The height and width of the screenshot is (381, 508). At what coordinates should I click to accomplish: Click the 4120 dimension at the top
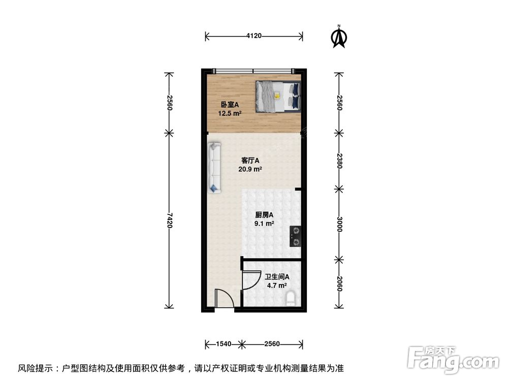tap(253, 36)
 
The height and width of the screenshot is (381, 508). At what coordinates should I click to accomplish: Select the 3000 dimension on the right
tap(339, 224)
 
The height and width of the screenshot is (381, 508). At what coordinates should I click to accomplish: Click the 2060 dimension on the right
tap(339, 283)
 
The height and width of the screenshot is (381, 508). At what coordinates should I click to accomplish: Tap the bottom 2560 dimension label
tap(272, 344)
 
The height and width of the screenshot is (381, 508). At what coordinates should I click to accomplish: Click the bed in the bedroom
tap(277, 96)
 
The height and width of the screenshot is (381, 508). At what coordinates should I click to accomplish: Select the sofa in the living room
tap(215, 168)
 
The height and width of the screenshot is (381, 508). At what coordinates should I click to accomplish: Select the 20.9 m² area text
tap(250, 170)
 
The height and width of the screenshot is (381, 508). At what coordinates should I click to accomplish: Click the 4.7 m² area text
tap(277, 285)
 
